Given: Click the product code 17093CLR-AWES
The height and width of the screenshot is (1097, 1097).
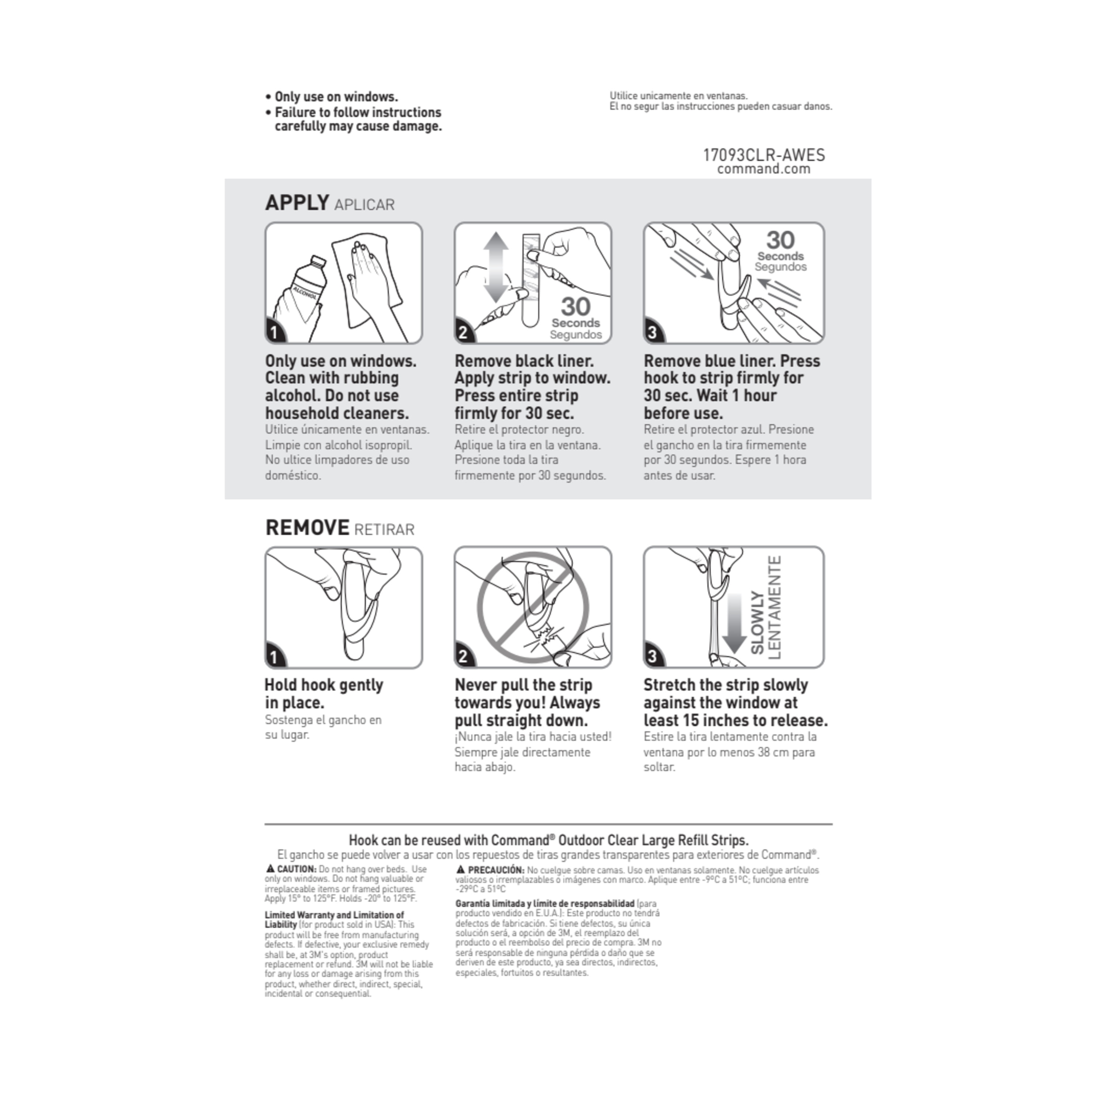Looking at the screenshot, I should click(x=764, y=155).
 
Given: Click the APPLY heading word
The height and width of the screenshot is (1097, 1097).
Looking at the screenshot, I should click(x=297, y=203).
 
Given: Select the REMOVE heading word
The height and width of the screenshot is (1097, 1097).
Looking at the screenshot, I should click(x=307, y=528).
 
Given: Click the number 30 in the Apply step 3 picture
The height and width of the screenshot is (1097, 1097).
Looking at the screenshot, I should click(x=780, y=240).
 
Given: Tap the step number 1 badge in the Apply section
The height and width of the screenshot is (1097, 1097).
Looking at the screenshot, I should click(x=274, y=332).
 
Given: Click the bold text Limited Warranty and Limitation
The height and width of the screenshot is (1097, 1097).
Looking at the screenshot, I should click(x=334, y=915).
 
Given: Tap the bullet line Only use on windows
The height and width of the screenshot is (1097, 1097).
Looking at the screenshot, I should click(x=336, y=97).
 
